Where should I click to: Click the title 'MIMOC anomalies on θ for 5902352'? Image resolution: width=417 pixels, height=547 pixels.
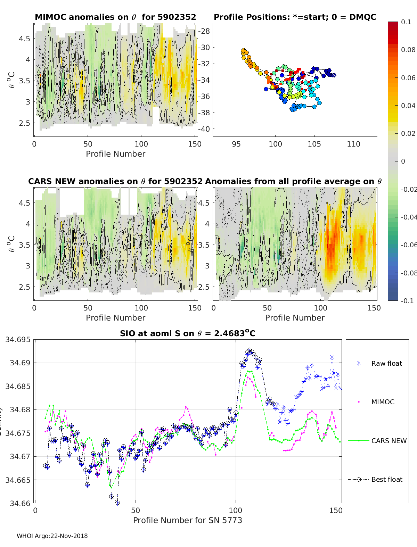tap(115, 17)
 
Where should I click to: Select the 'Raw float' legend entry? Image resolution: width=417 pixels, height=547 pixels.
tap(386, 363)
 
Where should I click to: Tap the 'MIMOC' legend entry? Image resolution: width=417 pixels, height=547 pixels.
tap(383, 402)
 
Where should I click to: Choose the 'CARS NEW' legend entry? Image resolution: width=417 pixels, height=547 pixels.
tap(389, 441)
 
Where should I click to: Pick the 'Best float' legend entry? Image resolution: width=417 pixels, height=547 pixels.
tap(386, 479)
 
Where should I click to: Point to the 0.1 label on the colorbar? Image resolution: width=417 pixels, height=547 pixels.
tap(406, 22)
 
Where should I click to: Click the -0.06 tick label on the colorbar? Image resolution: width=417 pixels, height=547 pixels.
tap(408, 245)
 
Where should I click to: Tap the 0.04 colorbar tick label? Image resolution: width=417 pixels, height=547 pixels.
tap(408, 106)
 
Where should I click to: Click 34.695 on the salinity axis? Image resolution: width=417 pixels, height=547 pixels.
tap(18, 339)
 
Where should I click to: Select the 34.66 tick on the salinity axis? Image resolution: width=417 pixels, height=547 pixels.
tap(20, 503)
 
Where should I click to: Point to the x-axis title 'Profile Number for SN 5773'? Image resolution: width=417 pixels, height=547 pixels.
tap(188, 520)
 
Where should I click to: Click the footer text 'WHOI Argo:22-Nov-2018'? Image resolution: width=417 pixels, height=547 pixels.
tap(52, 536)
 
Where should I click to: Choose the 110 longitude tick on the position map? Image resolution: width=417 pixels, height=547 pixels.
tap(353, 144)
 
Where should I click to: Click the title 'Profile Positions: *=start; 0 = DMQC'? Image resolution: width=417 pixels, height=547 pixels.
tap(295, 17)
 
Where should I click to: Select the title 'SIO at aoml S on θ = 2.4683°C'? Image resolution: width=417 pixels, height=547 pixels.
tap(188, 333)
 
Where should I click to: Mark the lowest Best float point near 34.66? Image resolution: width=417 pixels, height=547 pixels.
tap(117, 503)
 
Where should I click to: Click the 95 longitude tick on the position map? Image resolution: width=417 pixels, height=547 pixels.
tap(236, 144)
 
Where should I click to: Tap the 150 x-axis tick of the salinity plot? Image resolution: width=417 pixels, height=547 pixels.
tap(336, 510)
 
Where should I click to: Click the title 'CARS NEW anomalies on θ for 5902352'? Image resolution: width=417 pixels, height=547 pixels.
tap(115, 181)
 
